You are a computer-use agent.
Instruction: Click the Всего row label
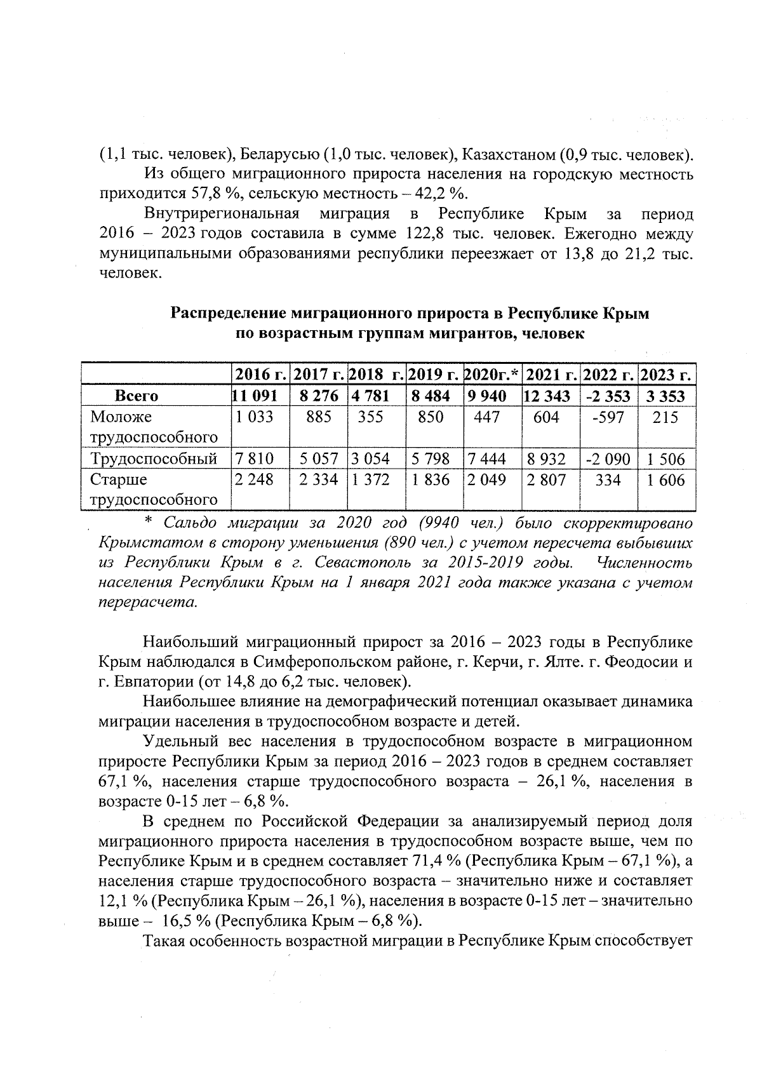(x=137, y=396)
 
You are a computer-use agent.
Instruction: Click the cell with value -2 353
(x=608, y=396)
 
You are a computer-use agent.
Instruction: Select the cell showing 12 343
(x=551, y=396)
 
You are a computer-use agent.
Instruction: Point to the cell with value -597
(x=608, y=417)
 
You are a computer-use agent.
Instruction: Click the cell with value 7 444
(x=487, y=458)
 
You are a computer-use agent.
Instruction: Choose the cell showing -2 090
(x=608, y=458)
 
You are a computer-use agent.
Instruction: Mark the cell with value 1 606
(x=665, y=480)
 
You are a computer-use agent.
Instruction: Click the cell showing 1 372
(x=371, y=480)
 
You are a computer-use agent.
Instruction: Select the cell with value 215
(x=665, y=417)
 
